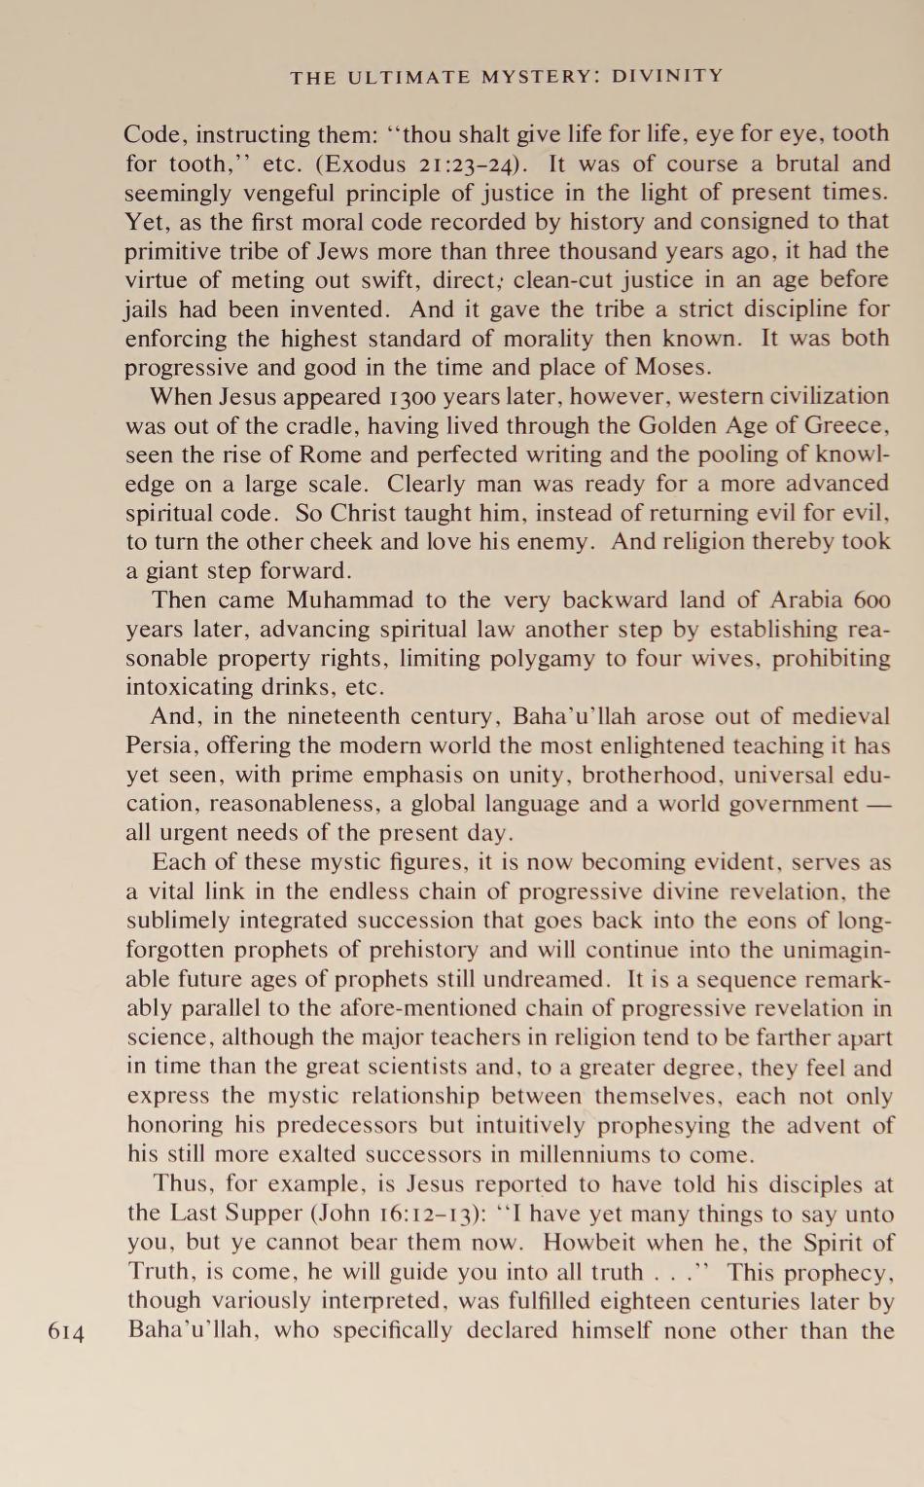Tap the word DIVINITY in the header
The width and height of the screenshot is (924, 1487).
click(667, 76)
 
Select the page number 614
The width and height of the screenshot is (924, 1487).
click(67, 1332)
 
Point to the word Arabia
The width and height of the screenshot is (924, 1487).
click(788, 600)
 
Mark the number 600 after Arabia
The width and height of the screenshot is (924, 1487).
click(872, 600)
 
